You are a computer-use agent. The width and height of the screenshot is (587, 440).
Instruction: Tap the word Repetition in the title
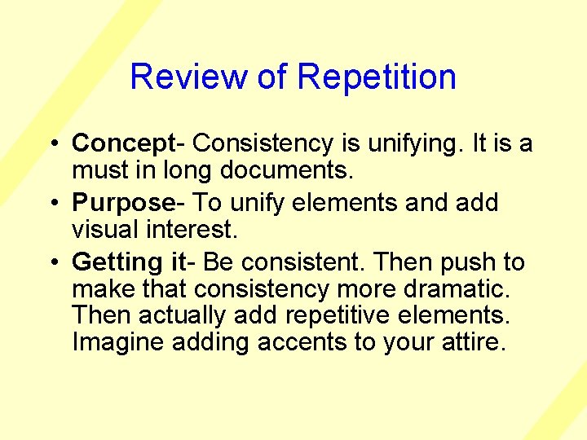click(377, 77)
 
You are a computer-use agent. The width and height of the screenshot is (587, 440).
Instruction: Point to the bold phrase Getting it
click(129, 262)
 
